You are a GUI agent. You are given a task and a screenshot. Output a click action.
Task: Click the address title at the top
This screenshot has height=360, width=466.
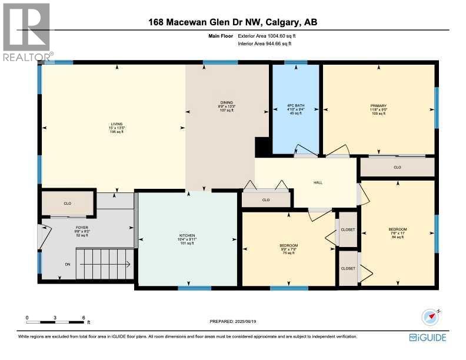232,23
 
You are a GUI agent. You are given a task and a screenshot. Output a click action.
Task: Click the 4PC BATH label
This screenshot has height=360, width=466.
294,109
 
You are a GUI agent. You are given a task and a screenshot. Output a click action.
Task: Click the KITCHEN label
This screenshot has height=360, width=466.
187,239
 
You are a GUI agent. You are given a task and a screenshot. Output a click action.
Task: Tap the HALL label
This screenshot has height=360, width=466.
318,182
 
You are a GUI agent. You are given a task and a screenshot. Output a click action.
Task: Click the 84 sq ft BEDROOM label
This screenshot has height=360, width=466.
398,232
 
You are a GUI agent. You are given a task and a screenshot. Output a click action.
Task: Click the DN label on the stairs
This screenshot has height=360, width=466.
68,264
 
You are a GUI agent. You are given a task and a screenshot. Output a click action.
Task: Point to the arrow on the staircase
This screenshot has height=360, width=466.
103,264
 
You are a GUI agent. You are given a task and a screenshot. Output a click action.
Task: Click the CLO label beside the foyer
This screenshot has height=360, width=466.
67,203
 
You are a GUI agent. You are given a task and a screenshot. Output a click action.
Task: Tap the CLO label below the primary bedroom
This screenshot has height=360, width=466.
397,168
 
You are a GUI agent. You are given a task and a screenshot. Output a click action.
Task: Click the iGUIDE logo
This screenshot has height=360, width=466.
428,337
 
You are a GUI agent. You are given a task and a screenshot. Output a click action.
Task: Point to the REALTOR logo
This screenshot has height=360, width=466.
27,32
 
